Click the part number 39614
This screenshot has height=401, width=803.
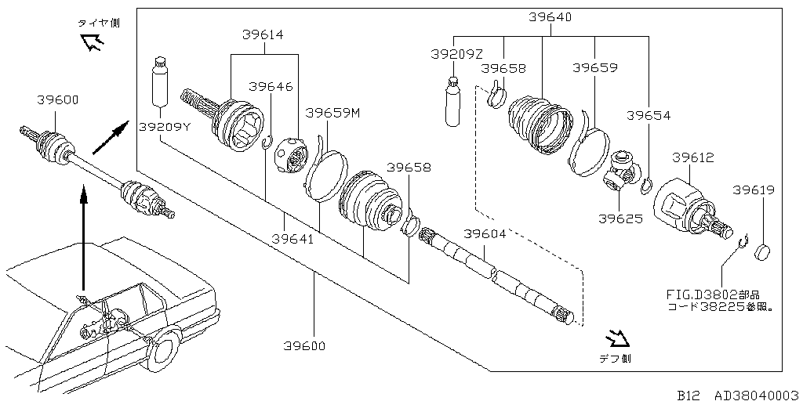pyautogui.click(x=263, y=34)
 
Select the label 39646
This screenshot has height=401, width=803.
pyautogui.click(x=271, y=86)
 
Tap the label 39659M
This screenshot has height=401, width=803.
pyautogui.click(x=332, y=114)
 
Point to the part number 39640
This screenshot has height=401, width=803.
pyautogui.click(x=550, y=16)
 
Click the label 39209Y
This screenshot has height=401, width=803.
pyautogui.click(x=164, y=126)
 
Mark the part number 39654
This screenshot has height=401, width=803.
pyautogui.click(x=648, y=116)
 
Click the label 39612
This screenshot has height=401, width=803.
pyautogui.click(x=693, y=157)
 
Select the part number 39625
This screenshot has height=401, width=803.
pyautogui.click(x=620, y=219)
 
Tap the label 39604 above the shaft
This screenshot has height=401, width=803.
pyautogui.click(x=485, y=234)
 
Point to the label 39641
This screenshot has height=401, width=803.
pyautogui.click(x=293, y=238)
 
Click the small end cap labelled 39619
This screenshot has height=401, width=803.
pyautogui.click(x=763, y=252)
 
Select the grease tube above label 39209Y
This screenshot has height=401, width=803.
pyautogui.click(x=159, y=81)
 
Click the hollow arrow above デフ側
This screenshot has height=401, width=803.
pyautogui.click(x=619, y=338)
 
